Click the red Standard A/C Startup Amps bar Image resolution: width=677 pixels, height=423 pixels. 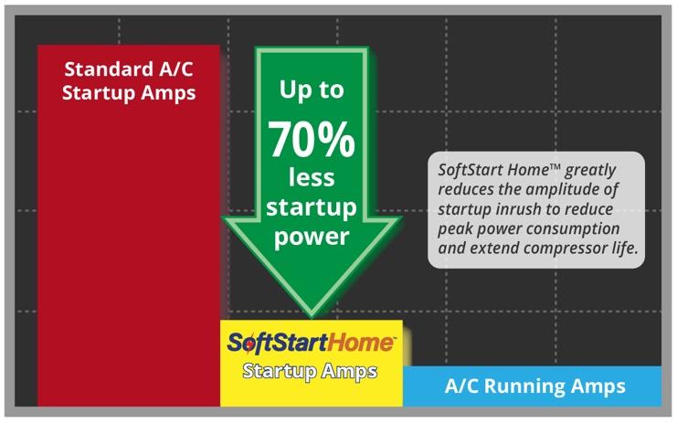click(x=129, y=226)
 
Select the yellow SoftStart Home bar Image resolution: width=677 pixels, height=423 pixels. click(x=312, y=363)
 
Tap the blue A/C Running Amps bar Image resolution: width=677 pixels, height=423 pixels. click(x=532, y=386)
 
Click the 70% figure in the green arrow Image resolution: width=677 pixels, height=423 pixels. click(x=312, y=140)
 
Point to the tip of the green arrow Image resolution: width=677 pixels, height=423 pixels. click(x=312, y=317)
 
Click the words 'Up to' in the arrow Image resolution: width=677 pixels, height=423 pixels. click(x=312, y=90)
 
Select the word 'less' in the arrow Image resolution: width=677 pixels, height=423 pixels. click(x=312, y=177)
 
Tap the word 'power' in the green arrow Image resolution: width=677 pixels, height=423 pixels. click(x=312, y=237)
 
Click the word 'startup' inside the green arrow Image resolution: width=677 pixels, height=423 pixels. click(x=312, y=207)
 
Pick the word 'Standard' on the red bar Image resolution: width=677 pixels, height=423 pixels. click(x=110, y=69)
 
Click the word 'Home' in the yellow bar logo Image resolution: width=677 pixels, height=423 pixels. click(x=361, y=343)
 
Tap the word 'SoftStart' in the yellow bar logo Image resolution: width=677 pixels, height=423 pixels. click(x=277, y=344)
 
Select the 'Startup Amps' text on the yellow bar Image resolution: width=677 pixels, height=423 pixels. click(x=310, y=372)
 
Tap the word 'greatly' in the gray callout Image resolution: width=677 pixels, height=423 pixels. click(x=590, y=171)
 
